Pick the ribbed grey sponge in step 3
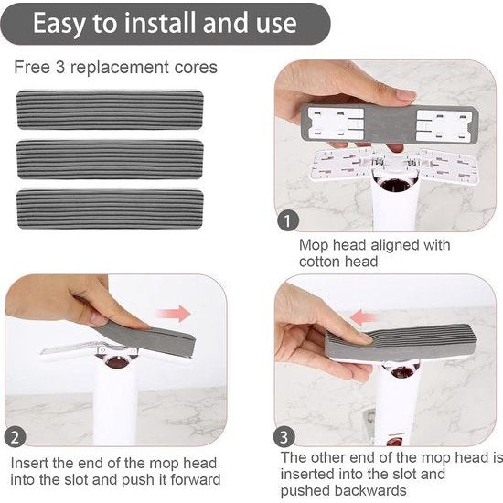(x=402, y=343)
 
